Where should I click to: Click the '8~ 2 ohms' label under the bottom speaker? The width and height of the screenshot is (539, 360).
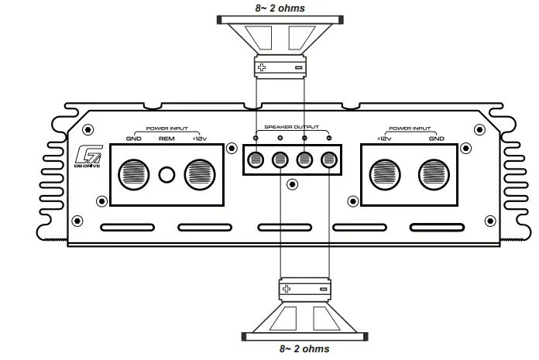tap(304, 349)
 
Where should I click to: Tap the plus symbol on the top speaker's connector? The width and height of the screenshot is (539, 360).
tap(262, 68)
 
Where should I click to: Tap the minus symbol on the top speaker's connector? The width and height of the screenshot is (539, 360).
tap(299, 68)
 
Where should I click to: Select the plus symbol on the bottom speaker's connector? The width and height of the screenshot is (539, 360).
tap(287, 289)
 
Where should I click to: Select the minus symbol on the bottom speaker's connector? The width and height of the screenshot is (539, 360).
tap(323, 289)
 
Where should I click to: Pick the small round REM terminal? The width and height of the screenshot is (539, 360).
tap(167, 174)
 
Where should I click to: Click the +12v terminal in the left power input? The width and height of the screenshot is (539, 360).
tap(199, 173)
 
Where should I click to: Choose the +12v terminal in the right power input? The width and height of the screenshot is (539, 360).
tap(384, 173)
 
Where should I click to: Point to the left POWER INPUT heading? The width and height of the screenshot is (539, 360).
tap(167, 129)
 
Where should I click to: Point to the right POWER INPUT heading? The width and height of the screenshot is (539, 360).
tap(410, 129)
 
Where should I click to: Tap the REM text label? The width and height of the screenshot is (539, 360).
tap(167, 139)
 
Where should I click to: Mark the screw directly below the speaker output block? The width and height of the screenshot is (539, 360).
tap(291, 184)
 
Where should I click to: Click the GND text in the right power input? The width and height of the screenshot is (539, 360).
tap(436, 139)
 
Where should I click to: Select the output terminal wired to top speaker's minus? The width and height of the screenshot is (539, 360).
tap(304, 160)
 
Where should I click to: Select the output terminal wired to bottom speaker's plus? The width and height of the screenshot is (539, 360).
tap(280, 160)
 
